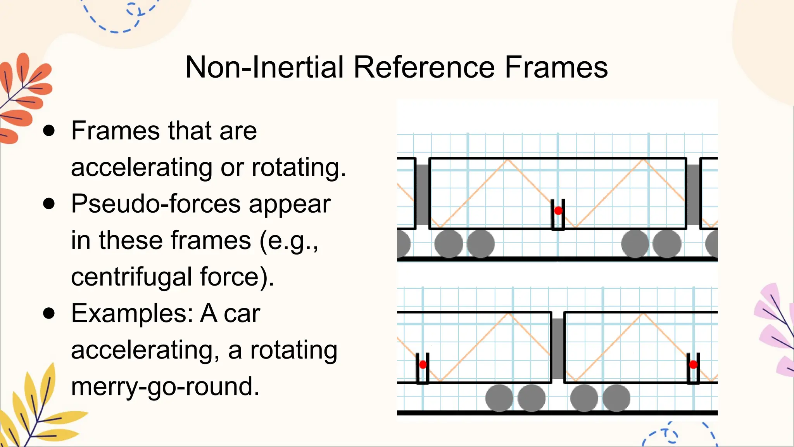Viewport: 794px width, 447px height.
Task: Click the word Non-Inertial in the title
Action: point(265,67)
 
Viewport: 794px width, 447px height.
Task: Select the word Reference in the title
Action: point(424,67)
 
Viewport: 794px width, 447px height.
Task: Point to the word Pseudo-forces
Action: point(155,204)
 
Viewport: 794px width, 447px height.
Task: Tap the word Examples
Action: point(132,314)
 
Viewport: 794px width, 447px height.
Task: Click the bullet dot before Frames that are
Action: point(49,131)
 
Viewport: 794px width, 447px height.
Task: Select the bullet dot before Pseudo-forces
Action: point(49,204)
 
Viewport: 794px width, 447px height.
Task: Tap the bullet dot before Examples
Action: point(49,314)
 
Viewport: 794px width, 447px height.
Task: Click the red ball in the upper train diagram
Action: point(558,211)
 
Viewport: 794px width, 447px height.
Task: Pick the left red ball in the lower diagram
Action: point(423,364)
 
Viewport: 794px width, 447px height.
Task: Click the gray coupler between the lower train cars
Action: point(558,348)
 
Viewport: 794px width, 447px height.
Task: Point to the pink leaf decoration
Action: point(775,330)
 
